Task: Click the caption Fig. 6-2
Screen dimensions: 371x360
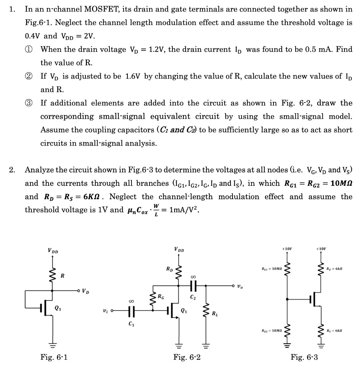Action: pos(187,358)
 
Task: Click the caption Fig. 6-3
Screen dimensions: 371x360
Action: pos(304,358)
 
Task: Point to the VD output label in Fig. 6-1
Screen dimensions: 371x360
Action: pos(85,290)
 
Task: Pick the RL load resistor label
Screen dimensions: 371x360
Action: pos(215,313)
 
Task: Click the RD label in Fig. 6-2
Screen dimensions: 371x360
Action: pos(169,270)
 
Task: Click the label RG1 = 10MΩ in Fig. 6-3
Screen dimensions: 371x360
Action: pos(272,269)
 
